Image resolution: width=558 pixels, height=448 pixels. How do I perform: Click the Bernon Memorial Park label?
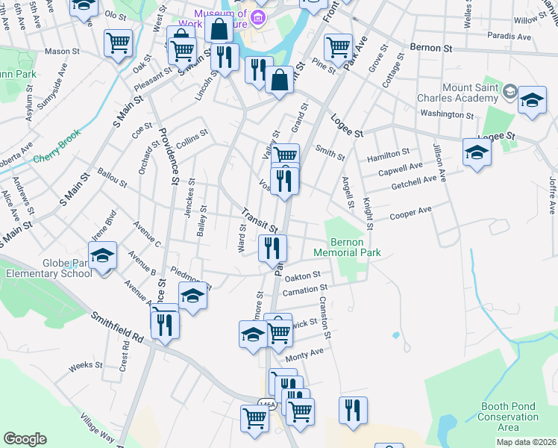pyautogui.click(x=357, y=247)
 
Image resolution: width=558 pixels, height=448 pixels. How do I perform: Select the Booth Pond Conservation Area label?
pyautogui.click(x=508, y=417)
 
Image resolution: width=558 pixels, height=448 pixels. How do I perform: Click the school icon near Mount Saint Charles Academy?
pyautogui.click(x=532, y=101)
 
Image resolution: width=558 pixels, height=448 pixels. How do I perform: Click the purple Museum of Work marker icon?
pyautogui.click(x=257, y=16)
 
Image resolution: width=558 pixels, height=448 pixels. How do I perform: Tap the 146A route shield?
pyautogui.click(x=268, y=404)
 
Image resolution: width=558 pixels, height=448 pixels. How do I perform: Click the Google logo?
pyautogui.click(x=25, y=438)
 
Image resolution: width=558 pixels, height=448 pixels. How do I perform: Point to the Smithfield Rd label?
pyautogui.click(x=117, y=328)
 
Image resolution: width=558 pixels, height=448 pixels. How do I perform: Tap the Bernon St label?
pyautogui.click(x=432, y=46)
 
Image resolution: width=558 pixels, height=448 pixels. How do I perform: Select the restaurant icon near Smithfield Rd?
pyautogui.click(x=164, y=325)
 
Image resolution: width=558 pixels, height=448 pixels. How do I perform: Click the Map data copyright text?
pyautogui.click(x=526, y=442)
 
